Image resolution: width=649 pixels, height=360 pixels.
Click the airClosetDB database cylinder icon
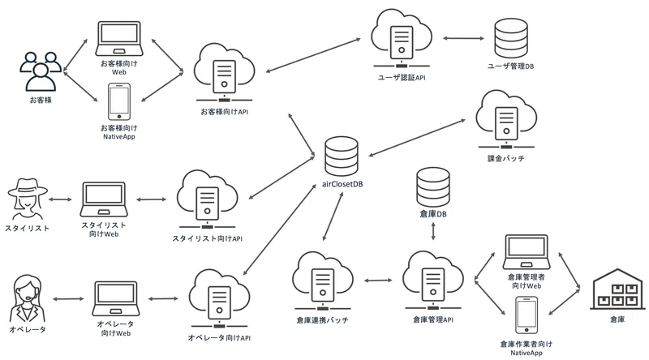point(341,156)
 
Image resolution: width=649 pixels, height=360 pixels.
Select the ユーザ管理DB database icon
point(511,38)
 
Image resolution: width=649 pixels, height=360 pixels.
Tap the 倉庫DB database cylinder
point(433,187)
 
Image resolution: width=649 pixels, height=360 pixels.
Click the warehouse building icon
point(617,289)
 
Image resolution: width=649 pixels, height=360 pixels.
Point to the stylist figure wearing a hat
point(28,199)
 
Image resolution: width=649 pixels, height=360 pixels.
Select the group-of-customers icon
point(41,71)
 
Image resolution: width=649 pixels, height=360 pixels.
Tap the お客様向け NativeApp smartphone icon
point(119,102)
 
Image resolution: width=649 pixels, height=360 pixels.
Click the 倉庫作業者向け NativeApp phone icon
point(527,315)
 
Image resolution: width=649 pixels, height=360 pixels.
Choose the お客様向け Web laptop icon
point(119,38)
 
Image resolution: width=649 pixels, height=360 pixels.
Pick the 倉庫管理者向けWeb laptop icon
point(527,252)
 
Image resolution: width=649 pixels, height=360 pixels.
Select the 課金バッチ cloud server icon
point(506,119)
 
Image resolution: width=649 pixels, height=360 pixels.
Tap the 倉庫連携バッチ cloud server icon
point(323,281)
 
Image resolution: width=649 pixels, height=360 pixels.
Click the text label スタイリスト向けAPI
point(208,238)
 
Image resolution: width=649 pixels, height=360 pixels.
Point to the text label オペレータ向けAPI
point(219,337)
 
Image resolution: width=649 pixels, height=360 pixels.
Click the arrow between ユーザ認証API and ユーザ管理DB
point(463,38)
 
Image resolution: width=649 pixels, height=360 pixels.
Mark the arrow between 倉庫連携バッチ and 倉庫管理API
point(378,281)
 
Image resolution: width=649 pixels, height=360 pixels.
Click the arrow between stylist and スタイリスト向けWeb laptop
point(60,199)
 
